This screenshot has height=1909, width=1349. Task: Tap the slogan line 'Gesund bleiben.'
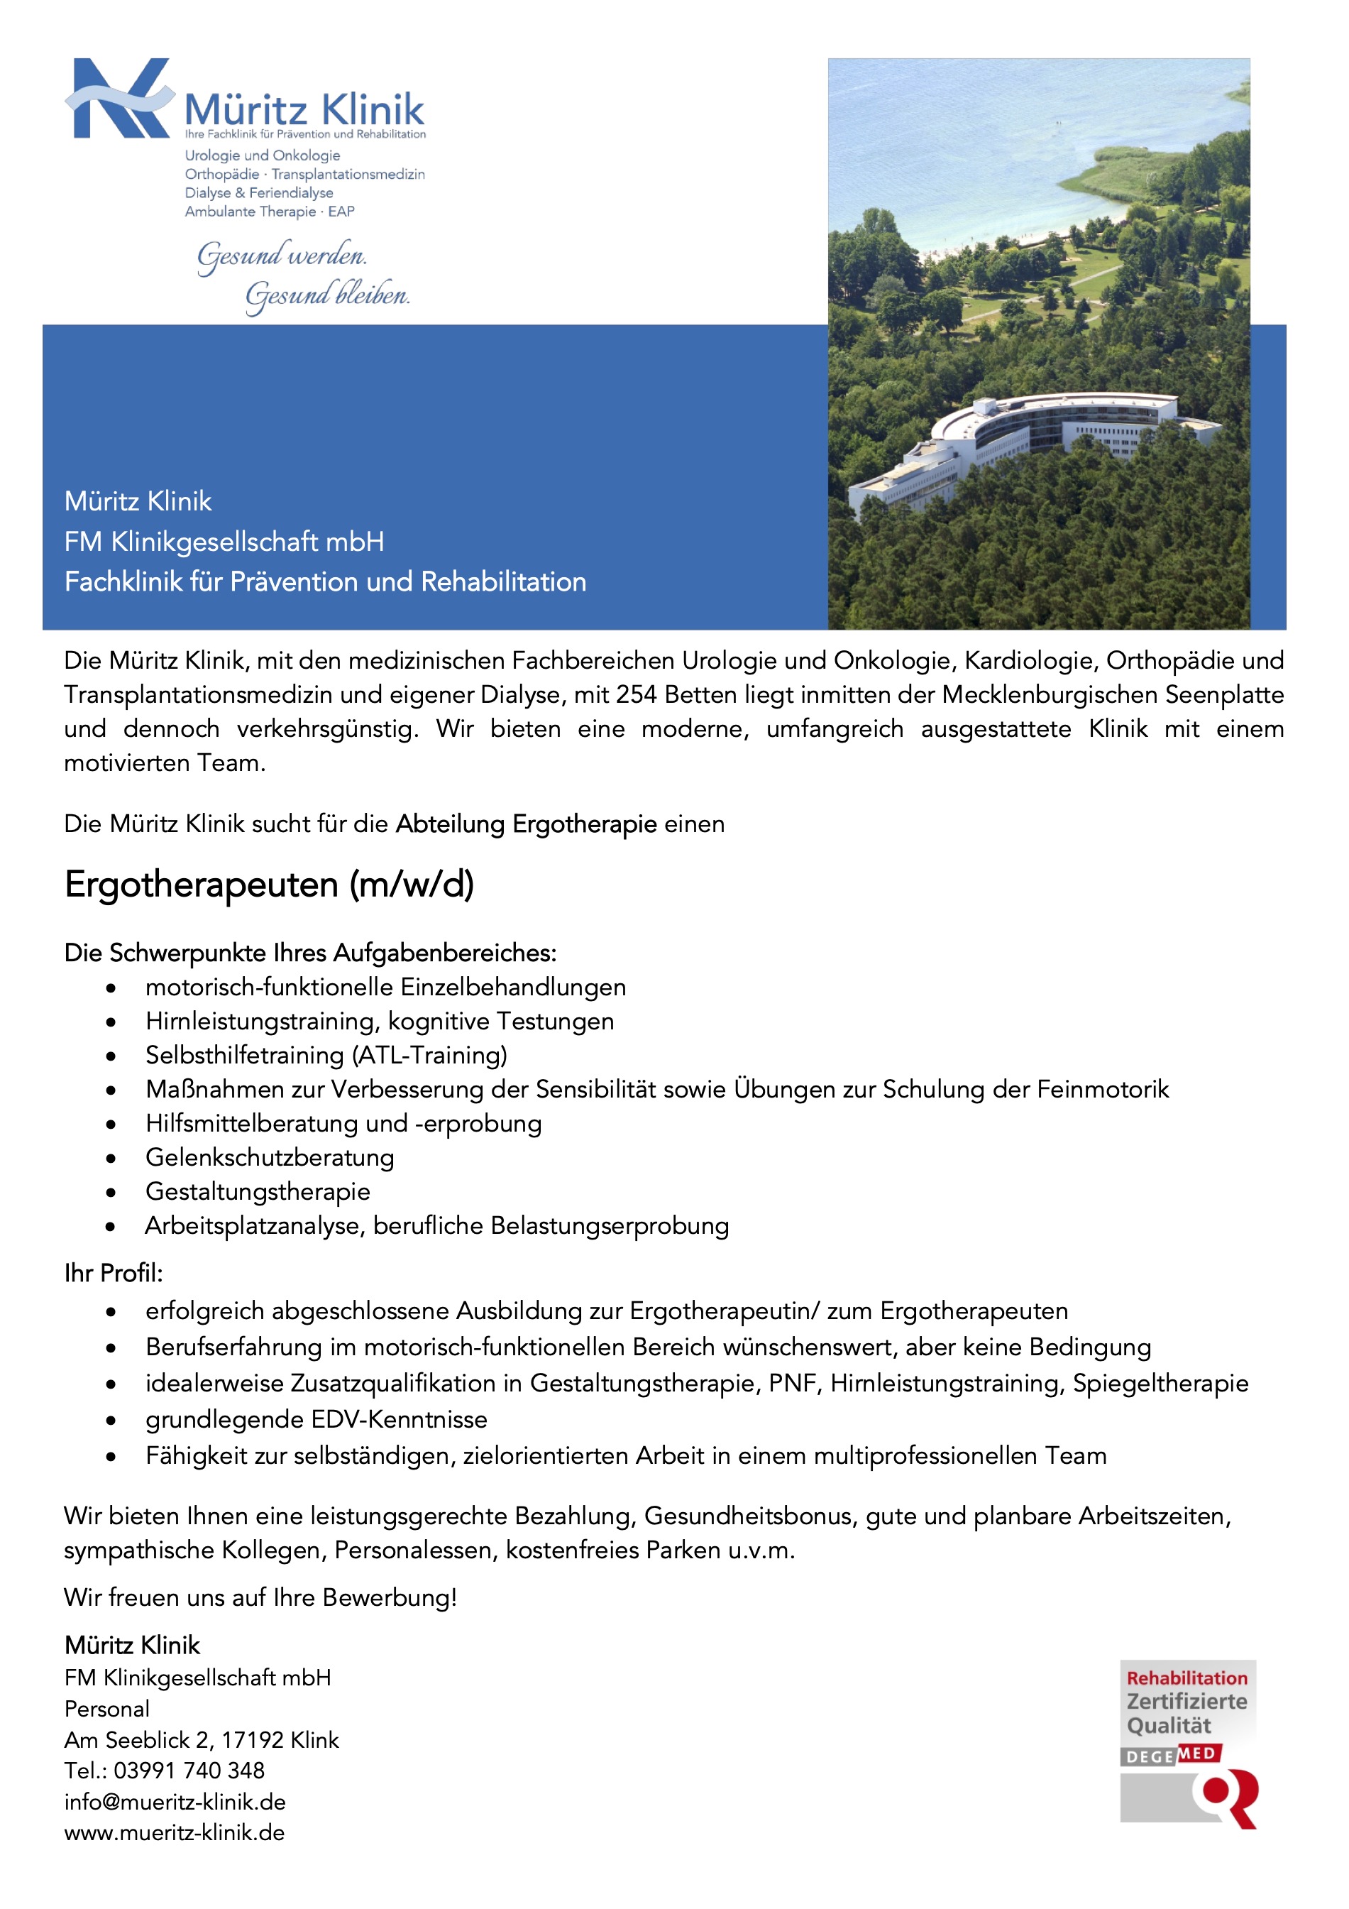pos(326,295)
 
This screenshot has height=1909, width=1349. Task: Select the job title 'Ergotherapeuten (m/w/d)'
pos(269,885)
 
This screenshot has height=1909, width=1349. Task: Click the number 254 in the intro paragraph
pos(636,694)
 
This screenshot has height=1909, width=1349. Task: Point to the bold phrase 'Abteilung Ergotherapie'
pos(526,824)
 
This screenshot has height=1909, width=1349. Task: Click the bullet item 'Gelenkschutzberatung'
pos(269,1157)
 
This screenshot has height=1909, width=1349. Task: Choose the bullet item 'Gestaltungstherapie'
pos(258,1191)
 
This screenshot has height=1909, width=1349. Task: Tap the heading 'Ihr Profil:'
pos(114,1273)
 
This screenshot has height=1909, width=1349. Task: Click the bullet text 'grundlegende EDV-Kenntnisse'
pos(316,1419)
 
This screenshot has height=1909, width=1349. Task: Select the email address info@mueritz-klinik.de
pos(175,1802)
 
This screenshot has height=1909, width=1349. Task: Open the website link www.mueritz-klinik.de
pos(175,1832)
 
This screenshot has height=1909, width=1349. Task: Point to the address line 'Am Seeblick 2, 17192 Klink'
pos(201,1739)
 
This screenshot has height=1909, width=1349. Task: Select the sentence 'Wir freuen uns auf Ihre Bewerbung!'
pos(260,1597)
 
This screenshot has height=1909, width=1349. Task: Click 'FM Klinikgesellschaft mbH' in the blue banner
pos(224,541)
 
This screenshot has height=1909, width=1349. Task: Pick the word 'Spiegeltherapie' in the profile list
pos(1160,1383)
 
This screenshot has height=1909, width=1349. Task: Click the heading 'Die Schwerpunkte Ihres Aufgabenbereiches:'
pos(310,953)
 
